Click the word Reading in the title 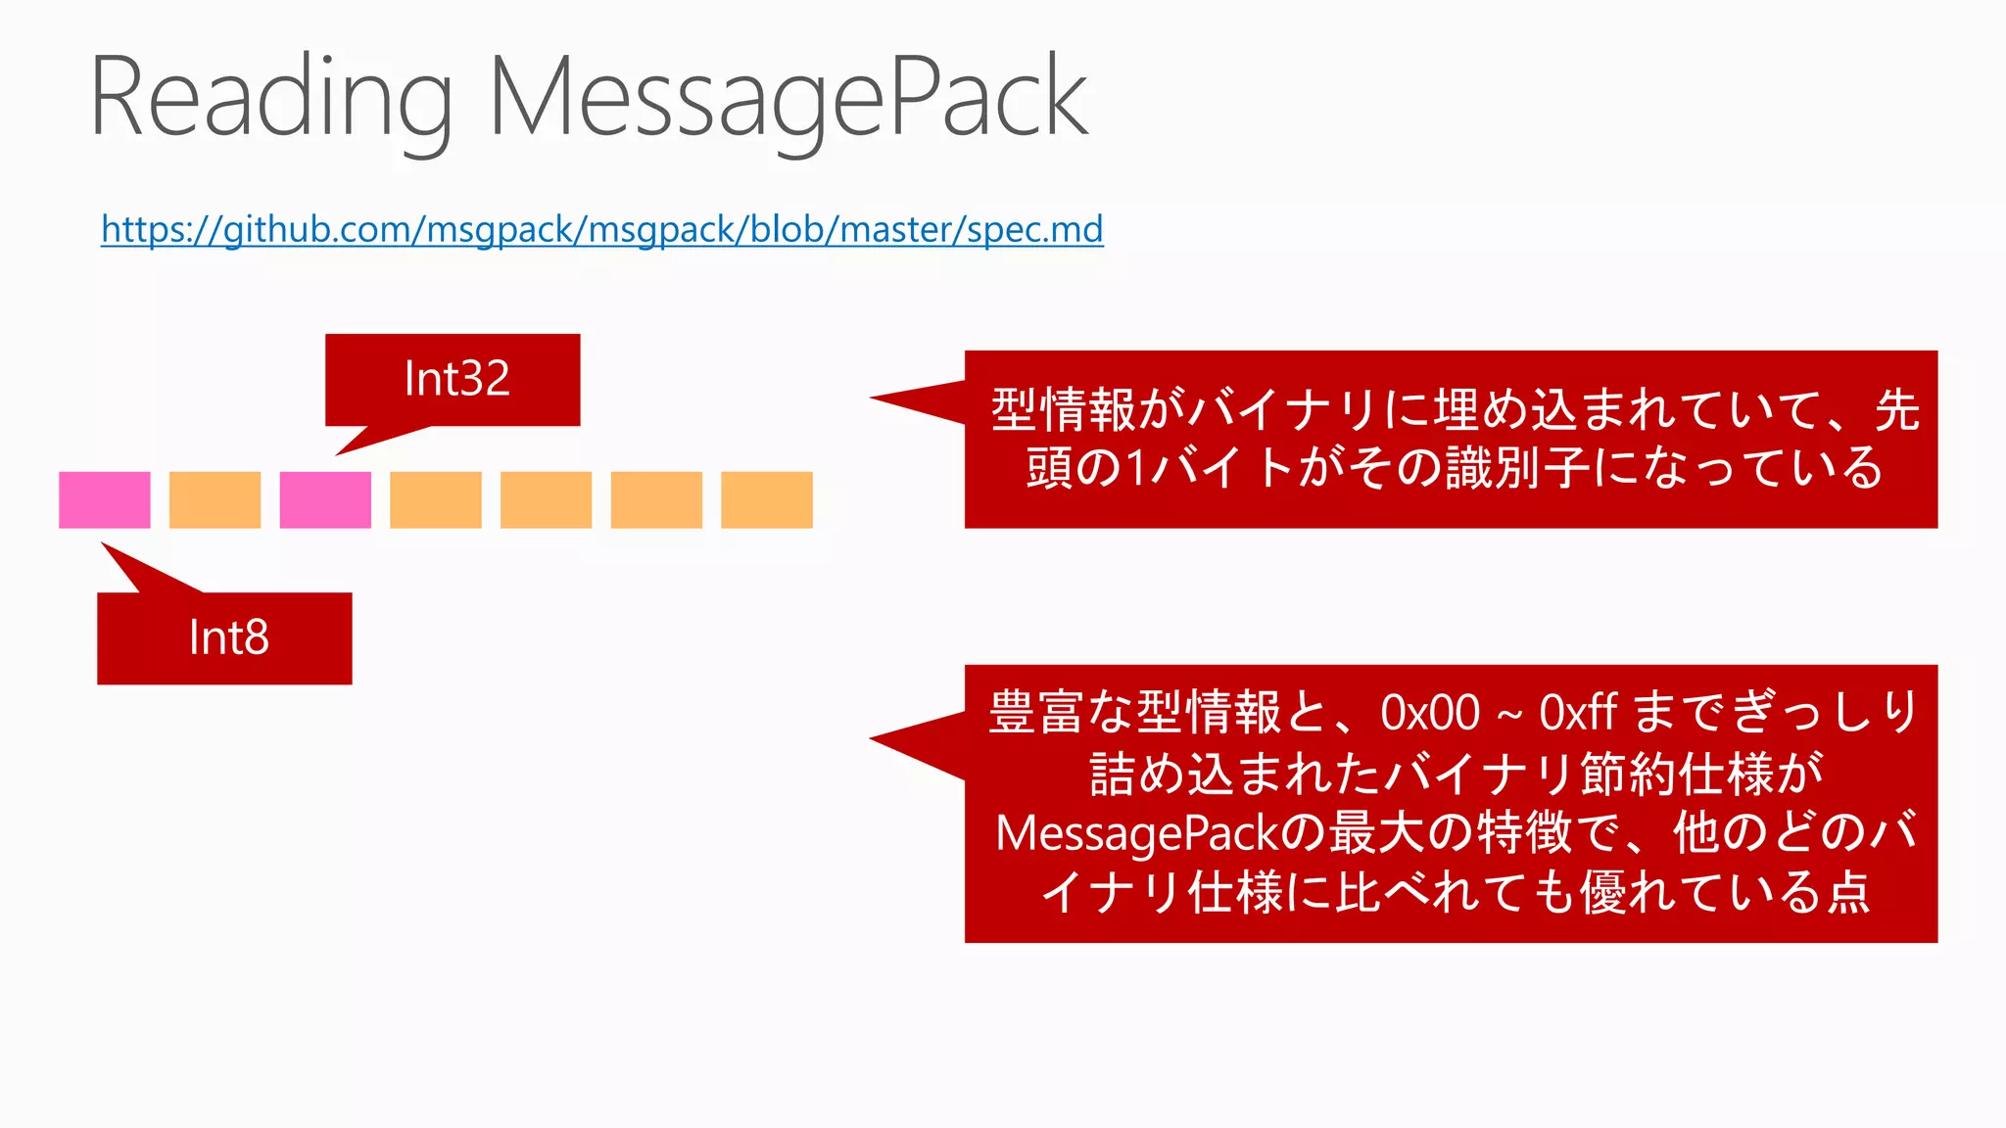(x=270, y=98)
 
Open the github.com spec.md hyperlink (x=601, y=229)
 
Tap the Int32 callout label (x=456, y=379)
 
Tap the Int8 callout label (x=228, y=637)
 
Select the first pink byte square (x=105, y=500)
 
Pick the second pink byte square (x=325, y=500)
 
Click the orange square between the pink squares (x=215, y=500)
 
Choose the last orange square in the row (x=766, y=500)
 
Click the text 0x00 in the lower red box (x=1429, y=713)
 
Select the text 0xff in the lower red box (x=1577, y=713)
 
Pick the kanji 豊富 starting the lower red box (x=1036, y=713)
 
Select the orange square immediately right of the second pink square (x=435, y=500)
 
